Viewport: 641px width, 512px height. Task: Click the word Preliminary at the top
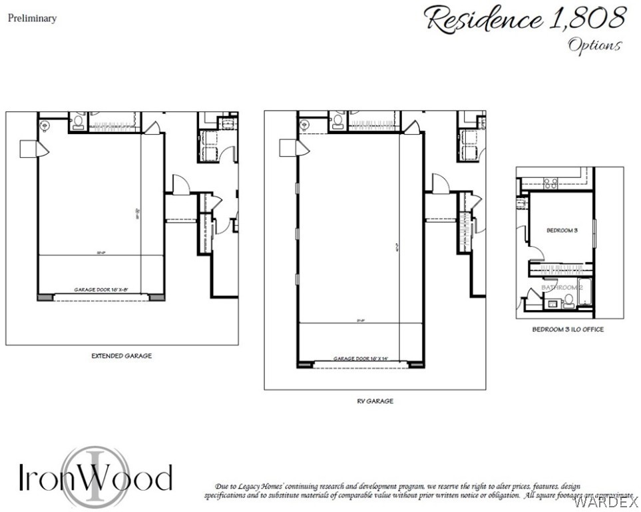pyautogui.click(x=32, y=19)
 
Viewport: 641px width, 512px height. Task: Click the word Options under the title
pyautogui.click(x=594, y=45)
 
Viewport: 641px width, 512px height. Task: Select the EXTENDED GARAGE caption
pyautogui.click(x=121, y=356)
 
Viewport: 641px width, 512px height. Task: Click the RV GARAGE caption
pyautogui.click(x=375, y=401)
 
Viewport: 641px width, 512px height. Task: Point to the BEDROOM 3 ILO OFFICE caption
pyautogui.click(x=568, y=329)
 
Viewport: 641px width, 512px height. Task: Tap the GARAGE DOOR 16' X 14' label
pyautogui.click(x=360, y=359)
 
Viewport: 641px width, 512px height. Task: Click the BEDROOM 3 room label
pyautogui.click(x=561, y=231)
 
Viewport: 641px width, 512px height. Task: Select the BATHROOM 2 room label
pyautogui.click(x=562, y=287)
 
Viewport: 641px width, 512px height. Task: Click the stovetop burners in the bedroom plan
pyautogui.click(x=550, y=182)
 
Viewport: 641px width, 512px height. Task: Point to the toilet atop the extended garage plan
pyautogui.click(x=78, y=121)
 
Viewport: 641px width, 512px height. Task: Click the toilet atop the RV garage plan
pyautogui.click(x=337, y=121)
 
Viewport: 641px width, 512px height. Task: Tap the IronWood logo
pyautogui.click(x=95, y=476)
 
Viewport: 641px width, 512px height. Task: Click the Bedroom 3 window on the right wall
pyautogui.click(x=593, y=231)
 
